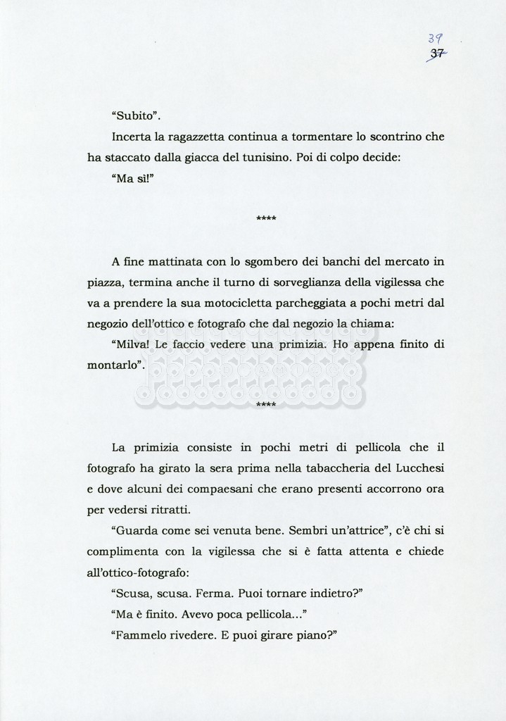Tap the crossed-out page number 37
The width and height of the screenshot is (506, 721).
tap(436, 54)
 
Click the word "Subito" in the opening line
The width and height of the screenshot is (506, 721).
tap(137, 115)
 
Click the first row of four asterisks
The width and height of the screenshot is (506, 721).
tap(266, 219)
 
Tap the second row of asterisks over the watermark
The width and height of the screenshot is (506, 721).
tap(266, 405)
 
